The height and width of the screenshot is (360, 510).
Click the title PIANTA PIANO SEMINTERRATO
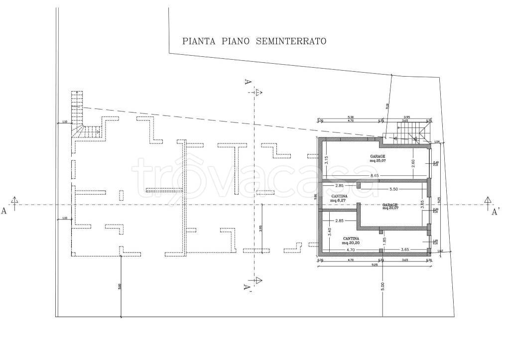(254, 41)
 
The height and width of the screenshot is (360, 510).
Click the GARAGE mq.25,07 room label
(377, 158)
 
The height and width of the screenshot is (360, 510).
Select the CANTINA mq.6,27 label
(339, 198)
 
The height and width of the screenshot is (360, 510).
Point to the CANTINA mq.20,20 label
(352, 240)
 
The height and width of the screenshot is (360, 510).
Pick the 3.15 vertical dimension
(326, 160)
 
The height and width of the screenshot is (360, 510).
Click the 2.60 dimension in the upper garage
(413, 162)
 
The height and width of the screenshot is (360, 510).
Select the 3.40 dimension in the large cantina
(329, 231)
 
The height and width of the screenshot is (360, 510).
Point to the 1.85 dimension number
(384, 240)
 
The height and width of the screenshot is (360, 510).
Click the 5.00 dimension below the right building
(382, 287)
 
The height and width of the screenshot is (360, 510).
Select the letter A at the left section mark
(4, 211)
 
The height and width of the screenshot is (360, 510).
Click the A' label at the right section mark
(496, 212)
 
